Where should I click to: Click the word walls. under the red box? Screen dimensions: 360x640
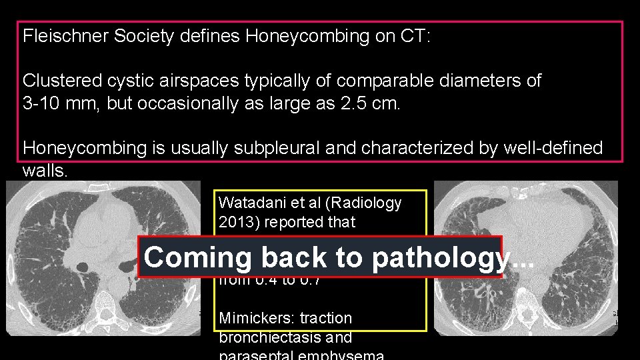45,171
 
